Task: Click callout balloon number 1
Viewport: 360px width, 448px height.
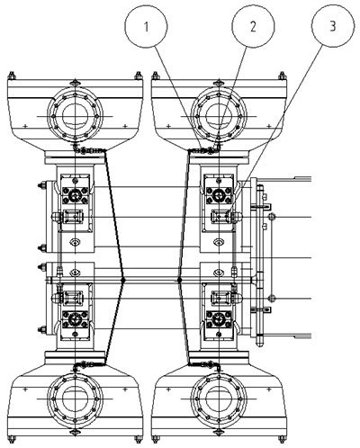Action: click(146, 26)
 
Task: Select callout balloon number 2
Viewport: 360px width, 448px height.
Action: click(253, 26)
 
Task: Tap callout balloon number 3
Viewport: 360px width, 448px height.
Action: click(333, 26)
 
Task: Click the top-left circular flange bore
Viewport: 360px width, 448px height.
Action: click(75, 116)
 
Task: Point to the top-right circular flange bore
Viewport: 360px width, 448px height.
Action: click(219, 116)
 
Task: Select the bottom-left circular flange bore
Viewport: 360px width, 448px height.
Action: click(75, 399)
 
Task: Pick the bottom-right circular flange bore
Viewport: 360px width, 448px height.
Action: click(219, 399)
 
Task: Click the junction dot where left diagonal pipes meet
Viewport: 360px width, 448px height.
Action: click(122, 280)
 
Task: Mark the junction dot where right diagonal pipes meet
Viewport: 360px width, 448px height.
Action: click(179, 280)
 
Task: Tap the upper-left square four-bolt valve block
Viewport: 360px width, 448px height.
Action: click(75, 196)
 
